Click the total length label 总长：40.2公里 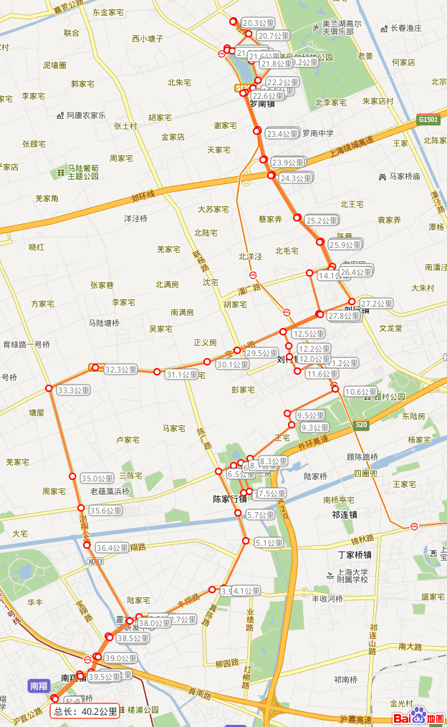pos(85,711)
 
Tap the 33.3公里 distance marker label pos(74,390)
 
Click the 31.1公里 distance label pos(181,375)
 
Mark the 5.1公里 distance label pos(269,543)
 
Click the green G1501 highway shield pos(428,120)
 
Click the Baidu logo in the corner pos(419,716)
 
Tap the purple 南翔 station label pos(38,685)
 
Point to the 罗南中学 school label pos(317,133)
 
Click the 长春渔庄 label pos(405,28)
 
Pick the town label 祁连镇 pos(345,514)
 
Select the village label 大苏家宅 pos(213,209)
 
